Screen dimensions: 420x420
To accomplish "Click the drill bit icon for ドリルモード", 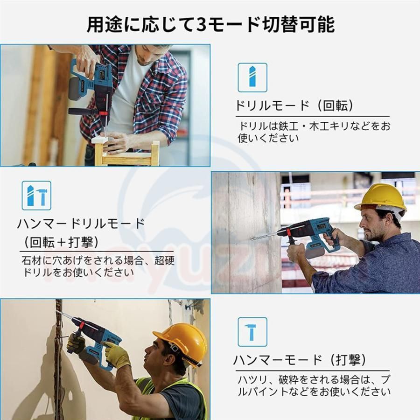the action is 252,77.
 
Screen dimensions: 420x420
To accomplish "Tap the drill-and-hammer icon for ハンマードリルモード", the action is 36,196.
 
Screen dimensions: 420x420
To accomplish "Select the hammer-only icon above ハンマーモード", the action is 252,332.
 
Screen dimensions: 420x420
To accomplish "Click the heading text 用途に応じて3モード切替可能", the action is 211,24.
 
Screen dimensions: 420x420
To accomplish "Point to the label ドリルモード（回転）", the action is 294,105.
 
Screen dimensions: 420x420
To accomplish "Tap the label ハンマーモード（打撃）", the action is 300,360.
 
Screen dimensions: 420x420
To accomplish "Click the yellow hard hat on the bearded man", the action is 381,198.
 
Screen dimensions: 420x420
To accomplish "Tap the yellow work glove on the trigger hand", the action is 117,355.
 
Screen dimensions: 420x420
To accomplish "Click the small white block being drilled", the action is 101,140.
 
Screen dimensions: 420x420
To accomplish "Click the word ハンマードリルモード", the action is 81,224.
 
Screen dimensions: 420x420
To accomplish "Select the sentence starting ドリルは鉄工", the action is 314,132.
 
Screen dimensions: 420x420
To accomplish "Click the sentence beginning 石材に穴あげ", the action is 98,266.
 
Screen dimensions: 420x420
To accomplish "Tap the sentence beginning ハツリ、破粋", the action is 314,386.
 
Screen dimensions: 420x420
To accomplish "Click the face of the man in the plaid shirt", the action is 151,55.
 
